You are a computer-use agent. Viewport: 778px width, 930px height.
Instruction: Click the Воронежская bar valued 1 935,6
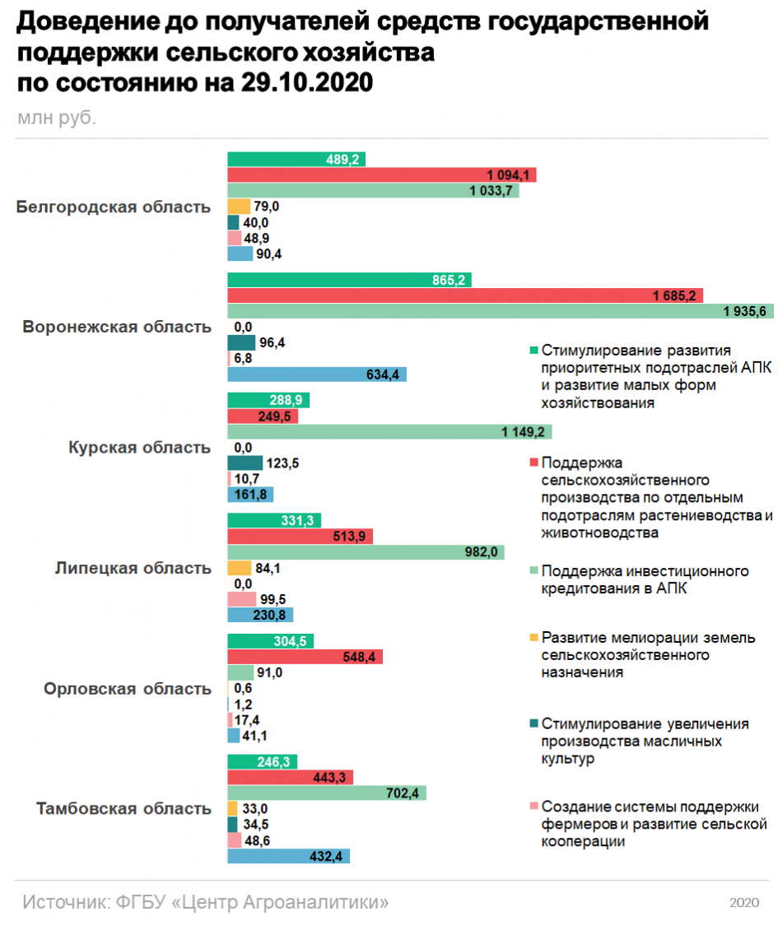point(501,311)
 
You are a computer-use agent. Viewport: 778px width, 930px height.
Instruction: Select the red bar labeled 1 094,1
point(381,175)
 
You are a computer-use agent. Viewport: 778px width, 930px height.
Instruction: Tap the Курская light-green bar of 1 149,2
point(389,432)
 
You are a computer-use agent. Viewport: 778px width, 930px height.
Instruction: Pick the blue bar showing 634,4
point(317,374)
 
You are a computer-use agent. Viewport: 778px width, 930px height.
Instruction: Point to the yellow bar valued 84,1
point(239,568)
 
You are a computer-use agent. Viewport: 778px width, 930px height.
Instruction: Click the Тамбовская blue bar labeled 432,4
point(288,856)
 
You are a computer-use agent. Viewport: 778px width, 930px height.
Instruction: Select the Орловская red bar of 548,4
point(305,657)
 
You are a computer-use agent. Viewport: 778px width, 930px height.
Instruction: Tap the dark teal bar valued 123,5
point(245,463)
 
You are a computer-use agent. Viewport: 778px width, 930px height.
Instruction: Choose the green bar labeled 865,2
point(350,280)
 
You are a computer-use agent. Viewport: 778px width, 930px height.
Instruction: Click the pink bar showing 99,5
point(241,599)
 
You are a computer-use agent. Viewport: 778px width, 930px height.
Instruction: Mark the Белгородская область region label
point(114,207)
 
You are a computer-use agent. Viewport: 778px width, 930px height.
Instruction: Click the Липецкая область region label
point(133,568)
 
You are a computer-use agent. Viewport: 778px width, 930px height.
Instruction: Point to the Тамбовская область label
point(123,808)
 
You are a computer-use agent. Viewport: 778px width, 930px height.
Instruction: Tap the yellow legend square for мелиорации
point(533,637)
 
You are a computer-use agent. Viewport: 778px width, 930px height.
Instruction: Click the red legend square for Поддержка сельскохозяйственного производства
point(533,462)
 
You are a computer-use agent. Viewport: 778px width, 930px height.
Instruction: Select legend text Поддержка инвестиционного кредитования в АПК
point(645,579)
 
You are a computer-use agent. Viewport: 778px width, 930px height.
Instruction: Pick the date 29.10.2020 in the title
point(307,82)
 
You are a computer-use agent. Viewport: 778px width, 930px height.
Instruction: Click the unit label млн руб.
point(56,118)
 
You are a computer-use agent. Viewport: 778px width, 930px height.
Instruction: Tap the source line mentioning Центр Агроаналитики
point(205,902)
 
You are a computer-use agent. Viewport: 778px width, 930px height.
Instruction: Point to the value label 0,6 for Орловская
point(243,688)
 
